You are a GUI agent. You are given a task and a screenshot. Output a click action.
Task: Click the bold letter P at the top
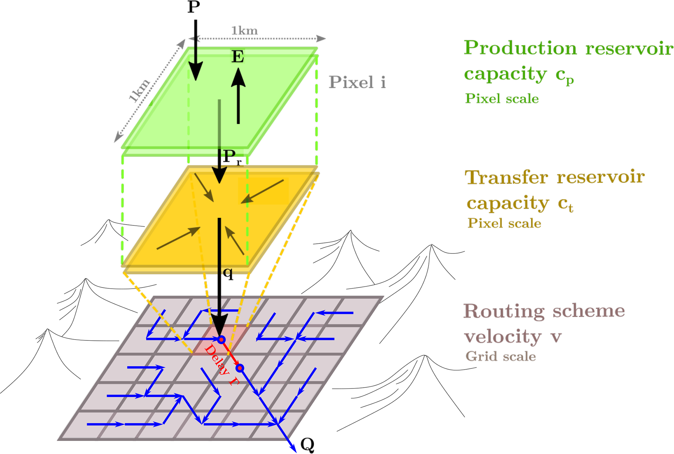(x=194, y=7)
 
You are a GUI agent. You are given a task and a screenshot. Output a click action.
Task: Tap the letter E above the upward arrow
(x=238, y=56)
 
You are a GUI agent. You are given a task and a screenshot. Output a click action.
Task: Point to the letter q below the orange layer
(x=228, y=273)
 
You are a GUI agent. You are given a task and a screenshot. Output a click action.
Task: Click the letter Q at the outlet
(x=307, y=444)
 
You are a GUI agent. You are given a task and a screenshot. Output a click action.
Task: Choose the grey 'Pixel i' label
(x=357, y=82)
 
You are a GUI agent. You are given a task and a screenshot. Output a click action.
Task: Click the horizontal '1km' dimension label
(x=245, y=31)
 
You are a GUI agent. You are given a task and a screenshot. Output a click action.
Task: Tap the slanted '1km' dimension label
(x=139, y=90)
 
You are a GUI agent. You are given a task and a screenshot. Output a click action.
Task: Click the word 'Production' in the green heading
(x=520, y=48)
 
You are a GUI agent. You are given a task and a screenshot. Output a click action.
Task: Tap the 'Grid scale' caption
(x=501, y=356)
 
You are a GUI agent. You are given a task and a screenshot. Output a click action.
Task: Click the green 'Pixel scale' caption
(x=502, y=98)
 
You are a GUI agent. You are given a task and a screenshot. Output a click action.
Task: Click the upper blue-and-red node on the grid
(x=221, y=340)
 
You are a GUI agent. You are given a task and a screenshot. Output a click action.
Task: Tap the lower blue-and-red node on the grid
(x=240, y=368)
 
